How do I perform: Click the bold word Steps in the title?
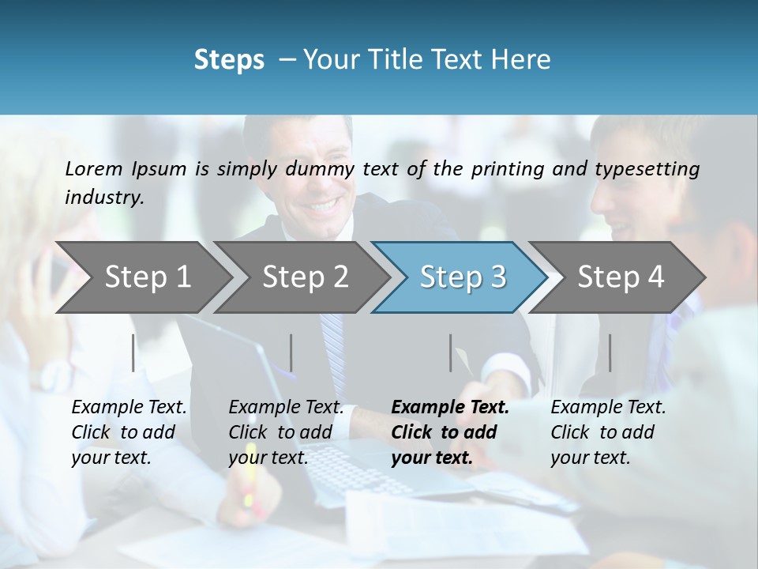point(229,60)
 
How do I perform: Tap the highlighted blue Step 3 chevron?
point(463,277)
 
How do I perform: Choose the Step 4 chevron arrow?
point(621,277)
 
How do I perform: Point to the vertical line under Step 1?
point(133,352)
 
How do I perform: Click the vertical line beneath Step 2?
point(291,352)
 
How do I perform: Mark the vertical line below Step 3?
point(450,352)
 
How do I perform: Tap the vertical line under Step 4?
point(610,352)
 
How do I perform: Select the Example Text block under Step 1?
point(129,432)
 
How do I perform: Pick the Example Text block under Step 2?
point(286,432)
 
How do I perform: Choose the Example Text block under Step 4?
point(608,432)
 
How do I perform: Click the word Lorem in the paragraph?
point(93,168)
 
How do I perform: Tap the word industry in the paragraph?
point(103,198)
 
